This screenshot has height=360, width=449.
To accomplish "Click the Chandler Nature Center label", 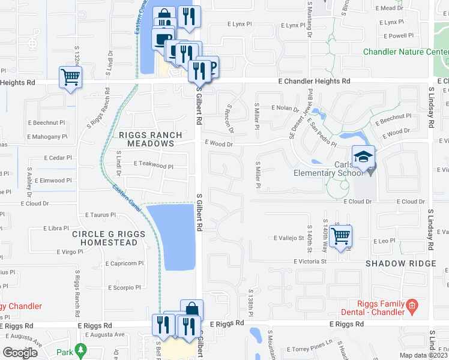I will [x=406, y=52].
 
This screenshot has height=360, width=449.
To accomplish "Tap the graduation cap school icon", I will [x=363, y=158].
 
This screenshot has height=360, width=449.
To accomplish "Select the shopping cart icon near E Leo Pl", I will [x=340, y=236].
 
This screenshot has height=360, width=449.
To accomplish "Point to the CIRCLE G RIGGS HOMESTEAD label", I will [x=105, y=238].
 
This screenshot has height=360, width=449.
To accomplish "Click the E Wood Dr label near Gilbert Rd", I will [x=218, y=143].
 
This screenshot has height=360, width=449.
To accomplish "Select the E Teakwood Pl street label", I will [x=154, y=163].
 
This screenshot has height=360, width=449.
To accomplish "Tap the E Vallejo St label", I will [x=289, y=238].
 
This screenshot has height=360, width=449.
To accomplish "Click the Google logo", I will [x=20, y=352].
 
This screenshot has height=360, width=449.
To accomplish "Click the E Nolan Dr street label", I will [x=285, y=108].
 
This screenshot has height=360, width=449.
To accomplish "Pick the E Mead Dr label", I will [x=389, y=8].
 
